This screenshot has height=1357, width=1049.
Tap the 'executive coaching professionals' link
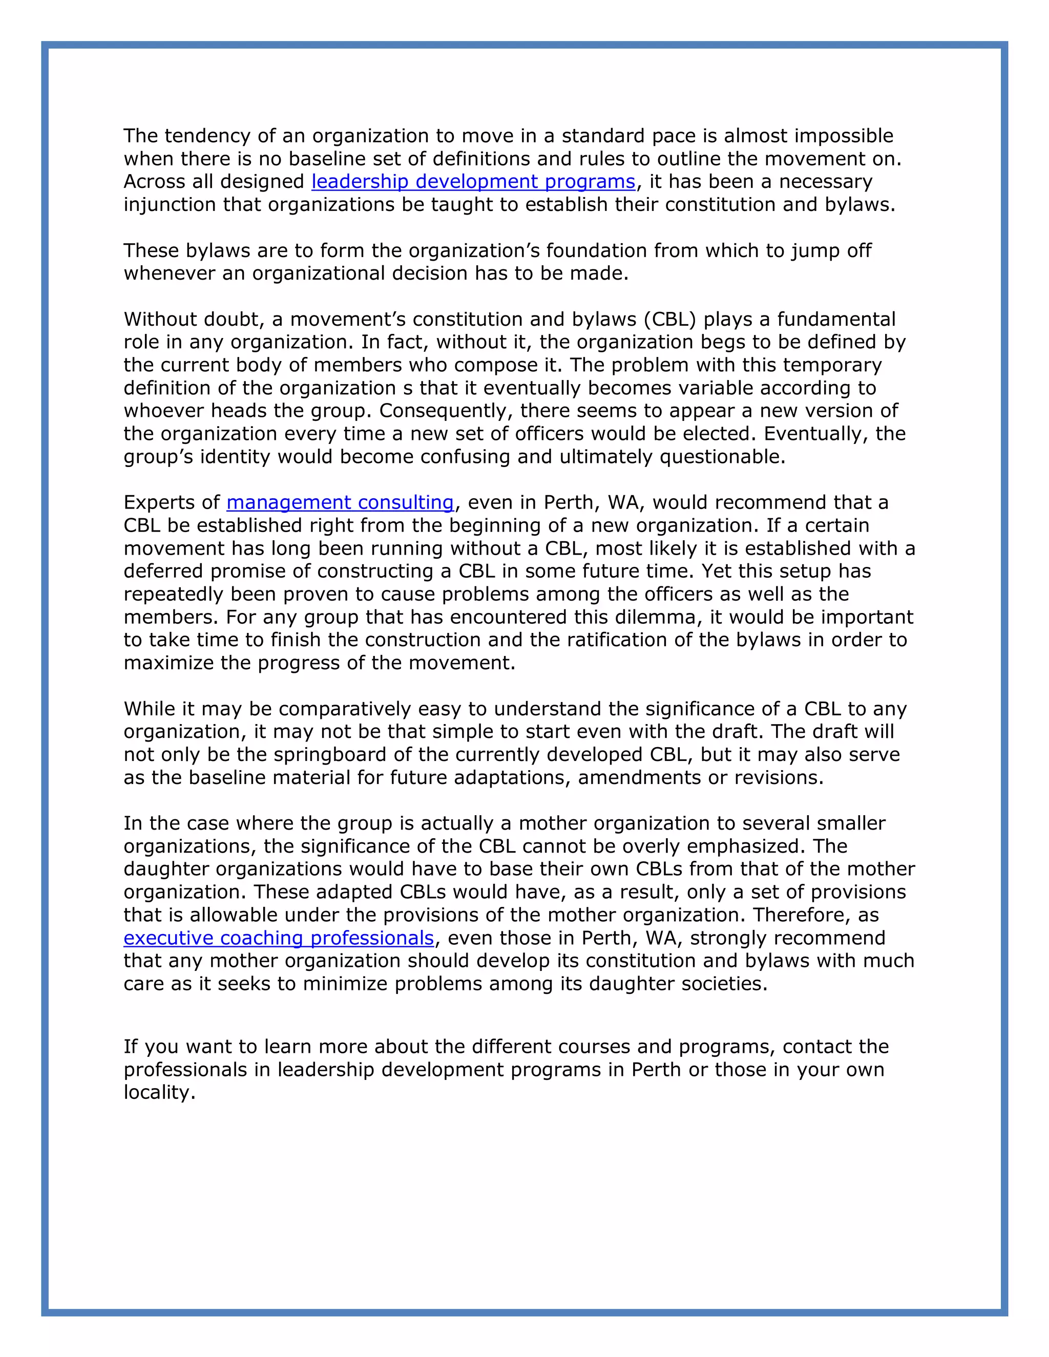point(279,938)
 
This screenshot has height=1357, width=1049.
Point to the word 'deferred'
point(163,571)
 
